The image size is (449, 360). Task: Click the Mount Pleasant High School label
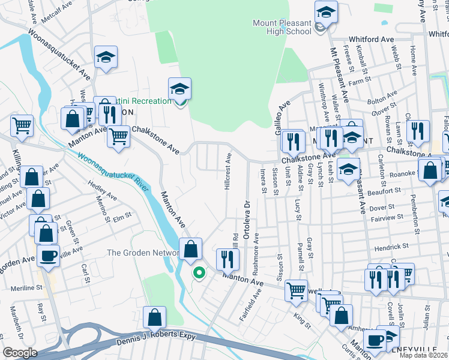282,27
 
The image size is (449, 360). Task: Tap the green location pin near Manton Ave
199,273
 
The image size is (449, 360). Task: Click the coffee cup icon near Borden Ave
48,255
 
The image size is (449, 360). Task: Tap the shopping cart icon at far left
22,125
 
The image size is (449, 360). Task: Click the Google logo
20,353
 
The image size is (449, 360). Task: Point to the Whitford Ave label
371,40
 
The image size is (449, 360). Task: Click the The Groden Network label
143,253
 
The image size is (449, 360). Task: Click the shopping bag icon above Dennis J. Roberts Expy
154,317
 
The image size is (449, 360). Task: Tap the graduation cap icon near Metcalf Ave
106,57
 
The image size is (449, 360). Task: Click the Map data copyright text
423,355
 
